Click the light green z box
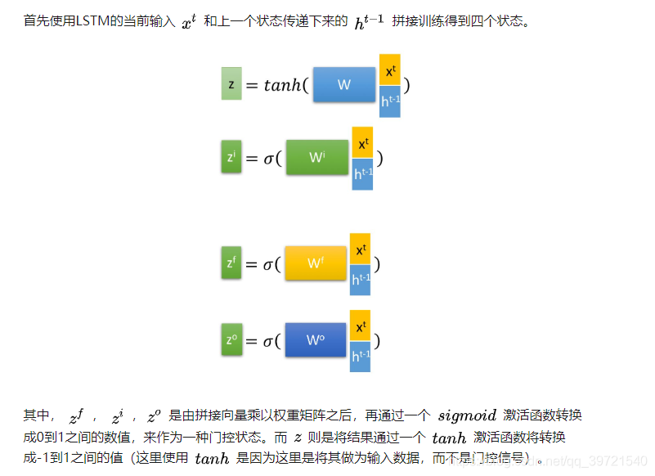[231, 84]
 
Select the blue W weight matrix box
[343, 84]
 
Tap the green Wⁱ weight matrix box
[317, 157]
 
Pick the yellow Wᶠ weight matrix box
[316, 263]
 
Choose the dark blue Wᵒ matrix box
[316, 340]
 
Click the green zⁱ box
[231, 157]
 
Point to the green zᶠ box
[231, 263]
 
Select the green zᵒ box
[231, 340]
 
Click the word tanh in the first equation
[282, 86]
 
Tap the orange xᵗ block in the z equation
[390, 71]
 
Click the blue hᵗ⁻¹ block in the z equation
[390, 101]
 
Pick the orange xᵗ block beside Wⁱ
[362, 144]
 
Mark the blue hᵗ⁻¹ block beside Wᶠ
[361, 280]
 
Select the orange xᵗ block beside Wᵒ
[361, 327]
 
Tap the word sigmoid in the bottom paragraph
[467, 415]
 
